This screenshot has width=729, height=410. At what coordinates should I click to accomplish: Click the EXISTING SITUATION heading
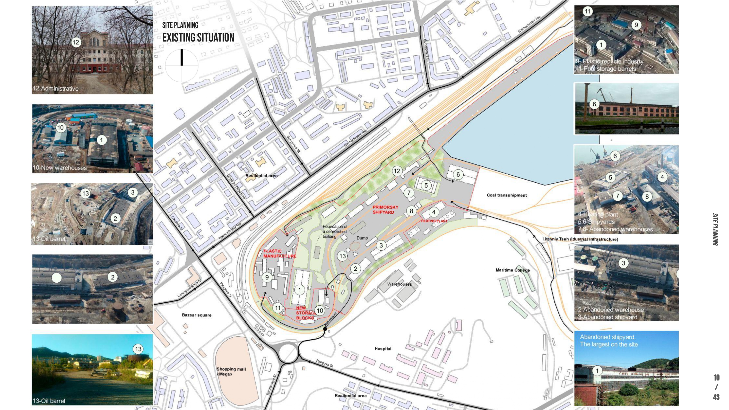click(198, 38)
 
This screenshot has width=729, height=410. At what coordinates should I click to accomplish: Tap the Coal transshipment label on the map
click(507, 195)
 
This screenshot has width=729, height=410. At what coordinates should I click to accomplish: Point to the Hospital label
click(383, 349)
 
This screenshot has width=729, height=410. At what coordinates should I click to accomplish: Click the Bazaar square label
click(196, 315)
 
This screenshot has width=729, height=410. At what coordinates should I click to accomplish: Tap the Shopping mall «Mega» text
click(231, 372)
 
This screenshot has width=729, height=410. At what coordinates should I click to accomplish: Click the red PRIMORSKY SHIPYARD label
click(385, 210)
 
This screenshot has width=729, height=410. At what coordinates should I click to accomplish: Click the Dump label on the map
click(362, 238)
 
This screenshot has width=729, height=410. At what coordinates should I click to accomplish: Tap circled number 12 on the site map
click(397, 171)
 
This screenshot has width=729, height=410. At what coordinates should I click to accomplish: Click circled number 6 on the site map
click(458, 175)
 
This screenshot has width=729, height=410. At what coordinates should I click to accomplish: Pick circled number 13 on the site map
click(342, 256)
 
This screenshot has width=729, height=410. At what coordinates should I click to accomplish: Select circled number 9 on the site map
click(267, 277)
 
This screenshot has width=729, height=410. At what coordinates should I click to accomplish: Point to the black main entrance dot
click(325, 329)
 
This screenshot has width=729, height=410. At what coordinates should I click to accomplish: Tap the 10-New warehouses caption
click(60, 168)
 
